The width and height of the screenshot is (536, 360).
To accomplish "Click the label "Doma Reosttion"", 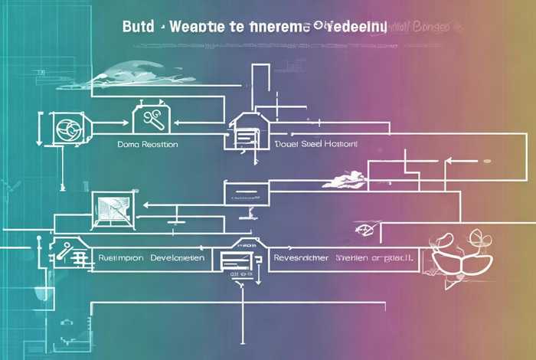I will [x=148, y=143].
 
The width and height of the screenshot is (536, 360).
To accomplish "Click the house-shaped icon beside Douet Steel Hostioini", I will [x=246, y=130].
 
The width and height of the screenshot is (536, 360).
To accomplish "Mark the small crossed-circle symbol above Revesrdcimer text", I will [x=365, y=229].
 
